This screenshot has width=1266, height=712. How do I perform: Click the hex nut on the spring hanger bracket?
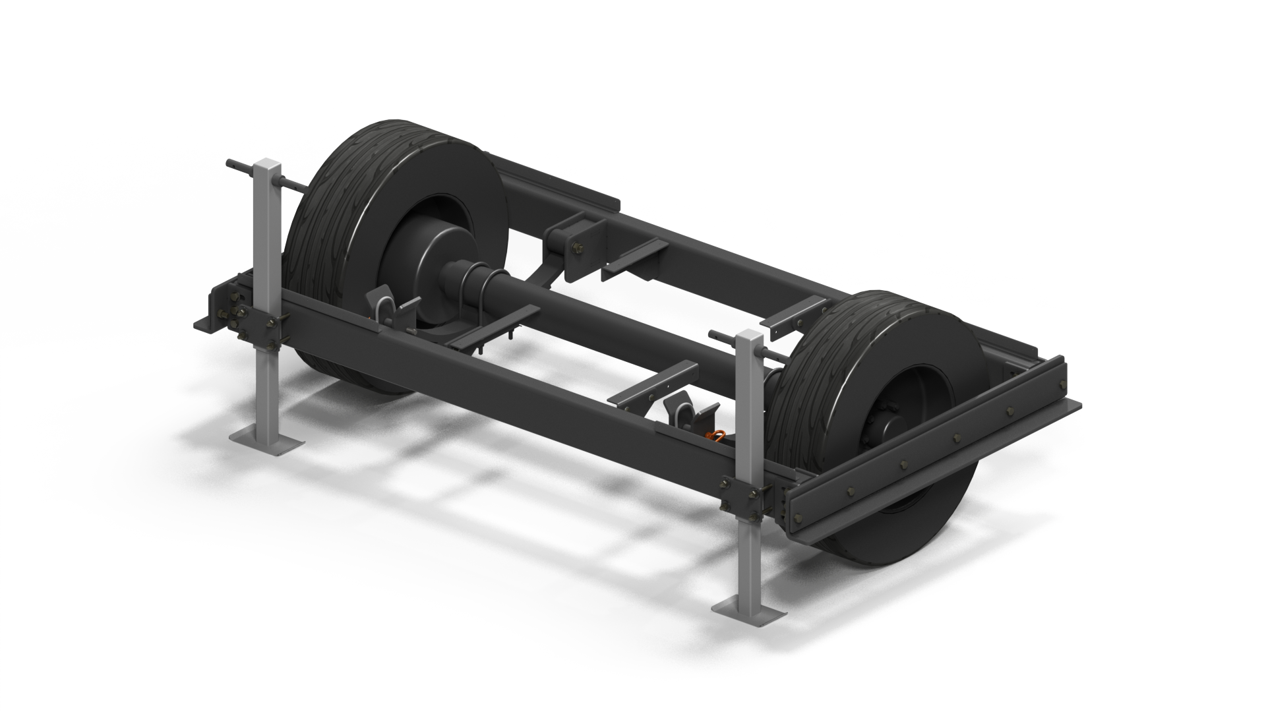[x=579, y=249]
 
